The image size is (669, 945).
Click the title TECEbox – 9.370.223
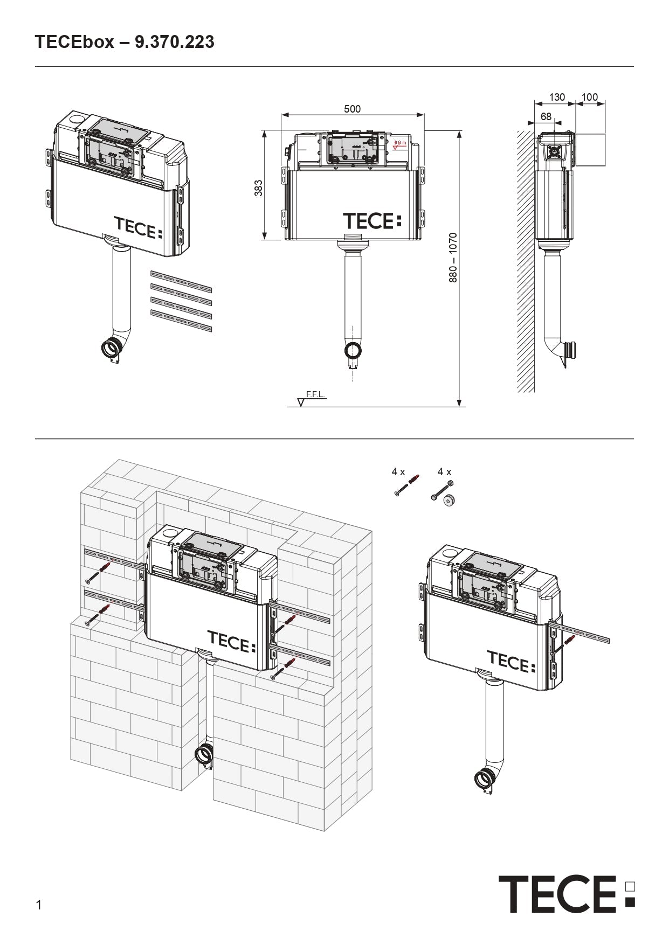125,42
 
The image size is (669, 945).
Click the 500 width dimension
352,109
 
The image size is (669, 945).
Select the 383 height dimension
259,188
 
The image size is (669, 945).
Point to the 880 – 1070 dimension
453,258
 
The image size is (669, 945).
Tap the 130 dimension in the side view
557,97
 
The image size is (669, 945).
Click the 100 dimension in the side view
590,97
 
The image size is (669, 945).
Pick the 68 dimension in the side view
546,116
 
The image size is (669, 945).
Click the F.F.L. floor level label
315,394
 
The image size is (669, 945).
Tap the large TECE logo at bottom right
566,894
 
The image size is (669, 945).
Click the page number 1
38,905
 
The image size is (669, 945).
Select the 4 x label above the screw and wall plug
398,472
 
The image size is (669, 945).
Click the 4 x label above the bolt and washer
444,472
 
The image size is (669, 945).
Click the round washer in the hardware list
449,501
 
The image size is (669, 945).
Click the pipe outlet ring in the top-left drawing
112,349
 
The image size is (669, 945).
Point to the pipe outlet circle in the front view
353,351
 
